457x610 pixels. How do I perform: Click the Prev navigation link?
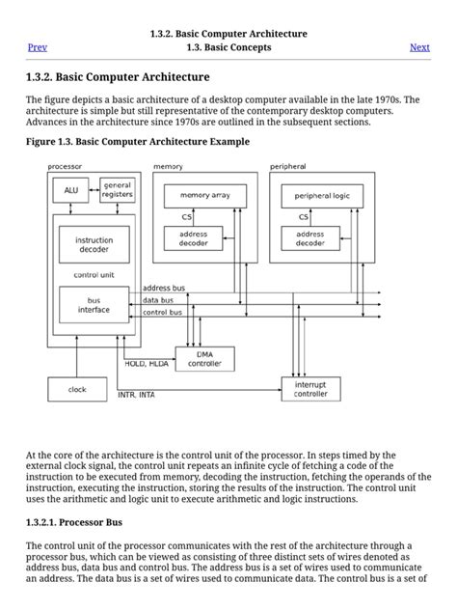(x=38, y=47)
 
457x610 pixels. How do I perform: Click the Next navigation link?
(x=419, y=47)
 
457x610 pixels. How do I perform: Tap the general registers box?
(x=117, y=189)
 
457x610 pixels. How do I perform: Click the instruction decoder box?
(x=94, y=245)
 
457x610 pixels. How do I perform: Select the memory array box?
(x=199, y=196)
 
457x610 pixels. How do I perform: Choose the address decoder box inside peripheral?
(x=309, y=238)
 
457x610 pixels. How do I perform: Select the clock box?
(x=77, y=389)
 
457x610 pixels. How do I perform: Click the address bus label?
(x=164, y=288)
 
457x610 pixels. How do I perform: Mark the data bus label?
(x=159, y=300)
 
